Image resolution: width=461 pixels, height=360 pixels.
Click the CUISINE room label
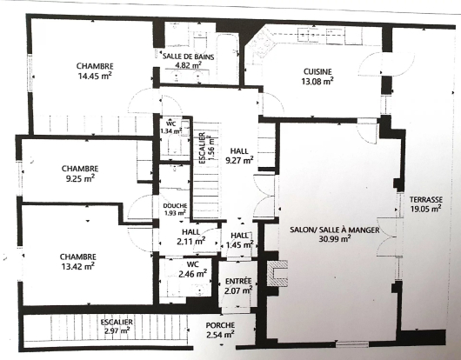pyautogui.click(x=317, y=71)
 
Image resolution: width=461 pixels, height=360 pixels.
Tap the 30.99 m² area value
pyautogui.click(x=335, y=239)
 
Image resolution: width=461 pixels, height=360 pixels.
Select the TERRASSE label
pyautogui.click(x=426, y=199)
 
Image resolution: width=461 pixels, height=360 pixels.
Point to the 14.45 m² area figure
pyautogui.click(x=95, y=76)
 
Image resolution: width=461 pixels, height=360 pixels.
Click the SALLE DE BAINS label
pyautogui.click(x=189, y=57)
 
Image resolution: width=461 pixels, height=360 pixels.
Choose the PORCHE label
pyautogui.click(x=220, y=325)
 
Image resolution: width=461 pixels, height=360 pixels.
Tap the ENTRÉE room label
pyautogui.click(x=238, y=281)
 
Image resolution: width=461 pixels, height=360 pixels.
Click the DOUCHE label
pyautogui.click(x=175, y=206)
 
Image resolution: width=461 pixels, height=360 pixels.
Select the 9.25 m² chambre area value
pyautogui.click(x=80, y=178)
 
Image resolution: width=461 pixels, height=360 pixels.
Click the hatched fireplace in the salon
pyautogui.click(x=277, y=273)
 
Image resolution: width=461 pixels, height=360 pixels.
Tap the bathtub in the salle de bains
pyautogui.click(x=227, y=59)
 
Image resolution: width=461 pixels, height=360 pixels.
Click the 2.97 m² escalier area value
pyautogui.click(x=117, y=331)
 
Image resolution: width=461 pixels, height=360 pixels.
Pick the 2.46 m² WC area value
pyautogui.click(x=192, y=274)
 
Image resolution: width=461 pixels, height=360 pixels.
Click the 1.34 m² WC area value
pyautogui.click(x=170, y=131)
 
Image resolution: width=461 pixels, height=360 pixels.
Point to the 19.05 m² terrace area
pyautogui.click(x=425, y=209)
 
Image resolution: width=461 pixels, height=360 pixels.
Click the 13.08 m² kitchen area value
pyautogui.click(x=317, y=81)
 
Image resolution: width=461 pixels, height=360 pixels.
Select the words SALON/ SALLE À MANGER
pyautogui.click(x=335, y=230)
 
